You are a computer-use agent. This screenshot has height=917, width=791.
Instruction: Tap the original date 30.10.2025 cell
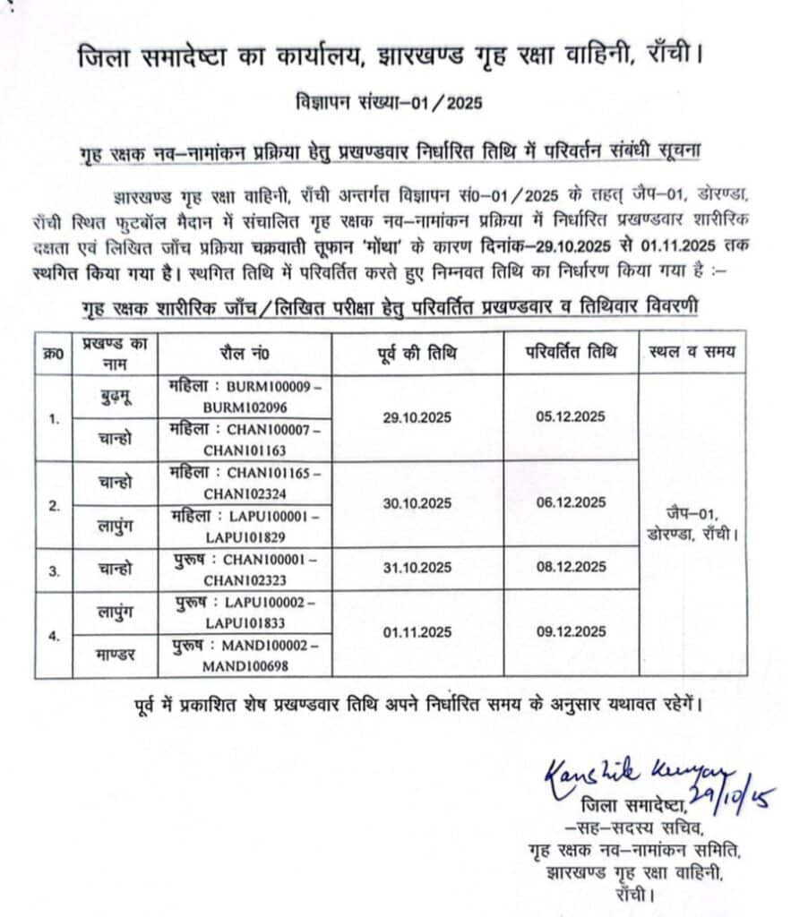[417, 503]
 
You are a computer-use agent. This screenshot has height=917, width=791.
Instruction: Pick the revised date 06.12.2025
[571, 503]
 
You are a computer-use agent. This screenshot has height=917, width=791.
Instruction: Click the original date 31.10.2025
[417, 568]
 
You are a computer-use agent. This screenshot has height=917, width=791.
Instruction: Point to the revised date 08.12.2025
[571, 568]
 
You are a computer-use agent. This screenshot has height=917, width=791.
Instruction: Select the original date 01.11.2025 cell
[417, 633]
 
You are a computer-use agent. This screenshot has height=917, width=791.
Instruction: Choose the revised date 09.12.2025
[571, 633]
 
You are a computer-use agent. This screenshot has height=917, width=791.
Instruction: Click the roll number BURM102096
[243, 405]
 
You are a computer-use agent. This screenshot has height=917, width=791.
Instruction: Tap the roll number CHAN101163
[244, 449]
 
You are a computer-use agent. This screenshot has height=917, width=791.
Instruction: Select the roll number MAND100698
[244, 664]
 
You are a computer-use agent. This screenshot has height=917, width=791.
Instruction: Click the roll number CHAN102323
[244, 578]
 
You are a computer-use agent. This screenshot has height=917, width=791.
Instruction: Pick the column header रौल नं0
[245, 353]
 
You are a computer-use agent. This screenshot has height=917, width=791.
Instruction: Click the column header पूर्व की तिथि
[417, 353]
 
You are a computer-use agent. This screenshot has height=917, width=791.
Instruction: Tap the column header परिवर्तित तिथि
[571, 352]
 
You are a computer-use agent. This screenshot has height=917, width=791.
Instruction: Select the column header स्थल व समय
[692, 352]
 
